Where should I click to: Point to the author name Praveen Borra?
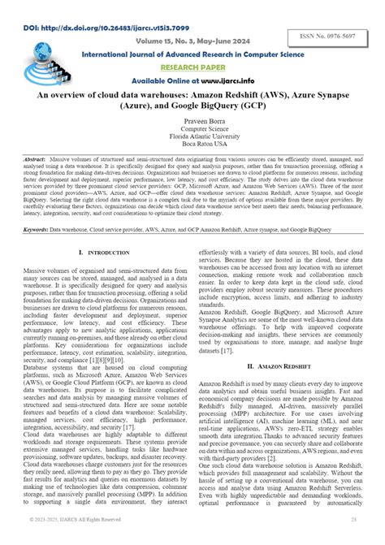point(192,119)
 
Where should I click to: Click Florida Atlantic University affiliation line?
point(192,135)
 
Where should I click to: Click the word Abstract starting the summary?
point(37,161)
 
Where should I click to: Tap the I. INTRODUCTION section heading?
point(101,253)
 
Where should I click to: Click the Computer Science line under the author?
point(192,128)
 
